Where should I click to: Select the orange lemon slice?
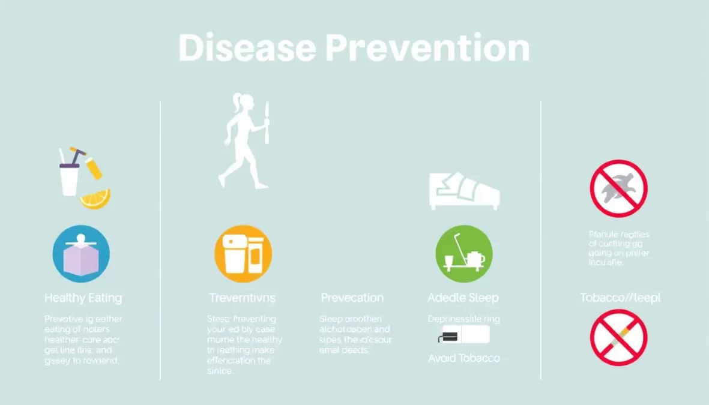point(96,199)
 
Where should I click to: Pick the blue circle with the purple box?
point(81,254)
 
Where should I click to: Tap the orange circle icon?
point(243,254)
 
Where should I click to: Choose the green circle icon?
point(463,254)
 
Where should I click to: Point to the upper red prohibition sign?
point(618,188)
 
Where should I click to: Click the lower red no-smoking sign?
point(618,337)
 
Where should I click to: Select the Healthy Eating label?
point(83,298)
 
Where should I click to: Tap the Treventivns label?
point(242,298)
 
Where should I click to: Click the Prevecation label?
point(352,298)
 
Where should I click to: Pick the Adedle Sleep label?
point(463,298)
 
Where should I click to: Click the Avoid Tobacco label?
point(463,358)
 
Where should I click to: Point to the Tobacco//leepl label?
point(620,298)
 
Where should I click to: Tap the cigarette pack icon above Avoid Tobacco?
point(463,335)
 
